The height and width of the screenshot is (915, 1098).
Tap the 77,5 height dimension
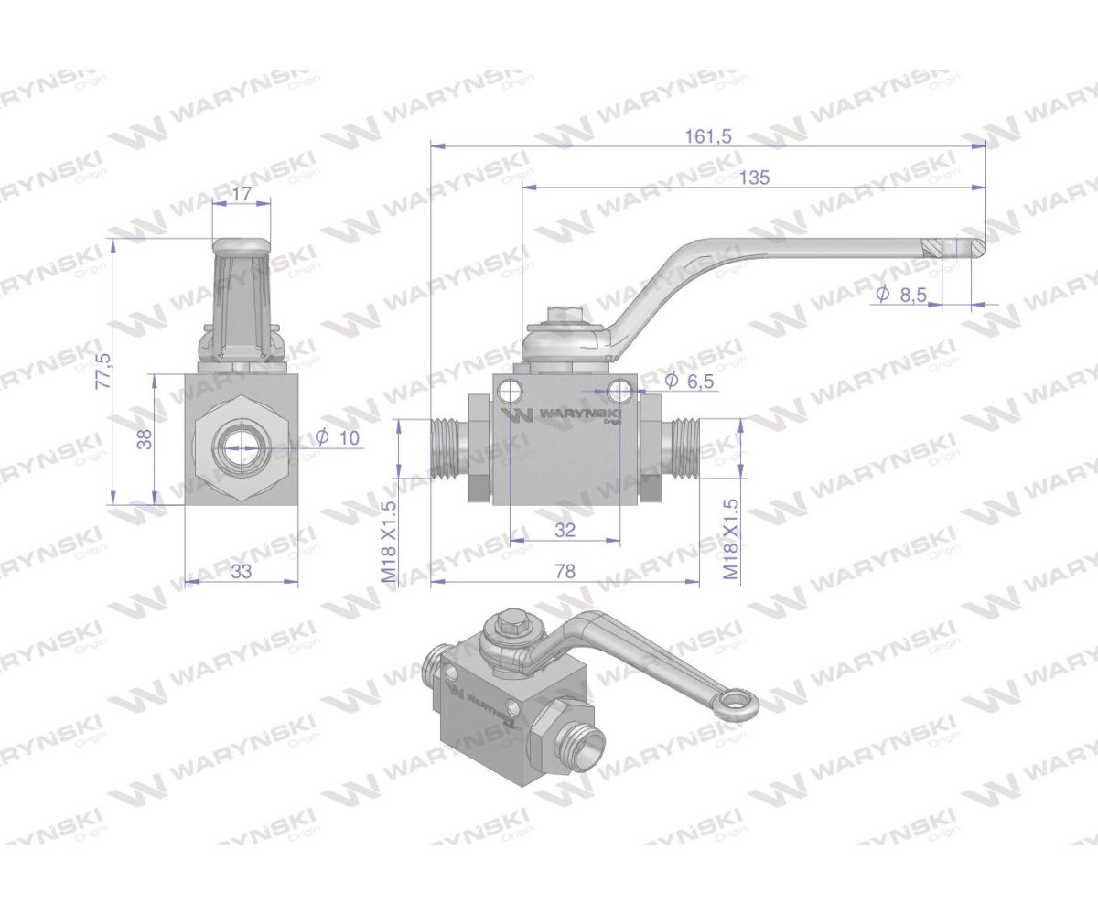click(x=102, y=370)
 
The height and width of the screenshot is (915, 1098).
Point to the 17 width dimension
click(x=242, y=194)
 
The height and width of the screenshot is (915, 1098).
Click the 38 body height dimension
click(x=144, y=440)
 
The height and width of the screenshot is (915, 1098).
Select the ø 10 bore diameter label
click(x=338, y=438)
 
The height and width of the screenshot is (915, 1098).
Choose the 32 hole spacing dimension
click(x=565, y=529)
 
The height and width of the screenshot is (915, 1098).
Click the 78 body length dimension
click(x=565, y=571)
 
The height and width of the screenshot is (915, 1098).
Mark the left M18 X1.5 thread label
click(x=388, y=542)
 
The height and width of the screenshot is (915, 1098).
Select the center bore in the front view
click(x=242, y=447)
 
